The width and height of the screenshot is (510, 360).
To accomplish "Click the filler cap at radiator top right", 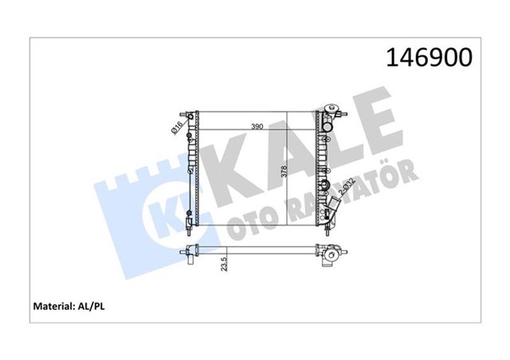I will (328, 108).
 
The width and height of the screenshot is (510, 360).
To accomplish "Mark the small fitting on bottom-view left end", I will (192, 260).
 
